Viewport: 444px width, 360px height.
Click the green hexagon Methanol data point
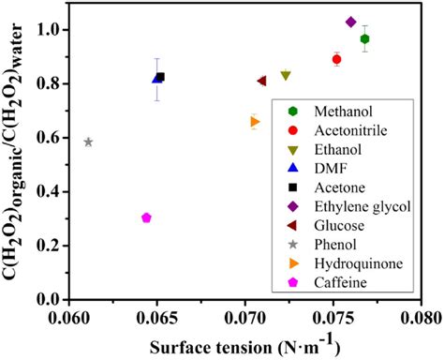click(x=365, y=38)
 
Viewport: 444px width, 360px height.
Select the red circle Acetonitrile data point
click(x=337, y=59)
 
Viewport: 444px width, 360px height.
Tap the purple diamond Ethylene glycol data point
click(x=351, y=22)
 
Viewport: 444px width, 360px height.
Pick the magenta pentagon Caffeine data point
click(x=146, y=217)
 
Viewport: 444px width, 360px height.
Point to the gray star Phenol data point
click(x=88, y=142)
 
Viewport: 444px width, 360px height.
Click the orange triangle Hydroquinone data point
click(x=255, y=122)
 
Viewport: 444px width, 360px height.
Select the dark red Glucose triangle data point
click(x=261, y=81)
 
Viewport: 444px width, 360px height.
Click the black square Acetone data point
click(x=160, y=77)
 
